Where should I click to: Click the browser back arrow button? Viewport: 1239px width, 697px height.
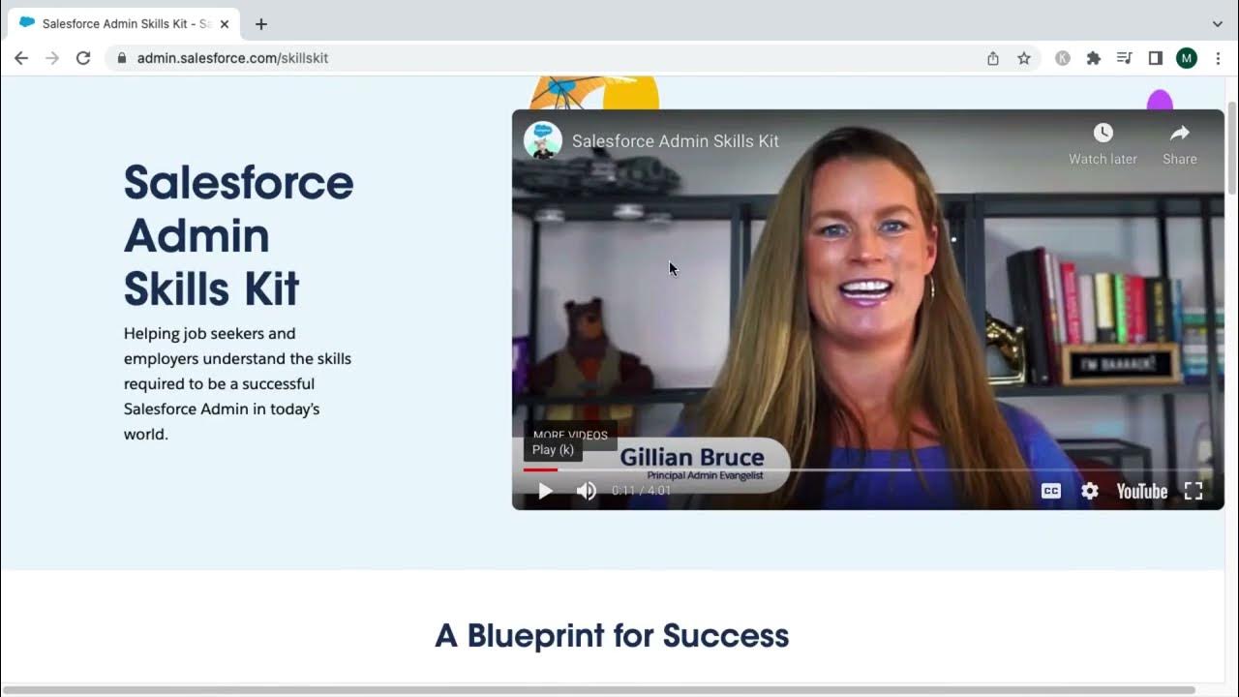tap(21, 58)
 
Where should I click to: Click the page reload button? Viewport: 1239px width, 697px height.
tap(83, 58)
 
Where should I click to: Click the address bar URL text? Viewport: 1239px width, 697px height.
tap(232, 58)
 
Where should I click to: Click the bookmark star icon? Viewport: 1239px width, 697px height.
tap(1024, 58)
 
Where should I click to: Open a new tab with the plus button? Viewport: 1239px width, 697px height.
tap(261, 24)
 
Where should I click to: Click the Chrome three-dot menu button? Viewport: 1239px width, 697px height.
tap(1218, 58)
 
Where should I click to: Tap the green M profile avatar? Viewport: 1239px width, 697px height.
tap(1187, 58)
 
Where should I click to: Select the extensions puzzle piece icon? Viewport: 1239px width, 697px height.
tap(1094, 58)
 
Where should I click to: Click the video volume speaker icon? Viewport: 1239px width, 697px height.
tap(587, 491)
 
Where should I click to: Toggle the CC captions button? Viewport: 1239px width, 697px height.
tap(1051, 491)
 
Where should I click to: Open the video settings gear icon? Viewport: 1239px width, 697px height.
tap(1090, 491)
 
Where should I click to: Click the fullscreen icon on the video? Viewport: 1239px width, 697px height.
tap(1194, 491)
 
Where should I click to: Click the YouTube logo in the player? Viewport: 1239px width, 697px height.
tap(1142, 491)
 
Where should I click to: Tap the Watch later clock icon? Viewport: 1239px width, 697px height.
tap(1103, 134)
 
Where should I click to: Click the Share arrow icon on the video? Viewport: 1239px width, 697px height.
tap(1179, 134)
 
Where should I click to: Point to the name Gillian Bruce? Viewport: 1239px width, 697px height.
tap(691, 457)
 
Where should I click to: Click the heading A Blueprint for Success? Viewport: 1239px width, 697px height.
tap(612, 636)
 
